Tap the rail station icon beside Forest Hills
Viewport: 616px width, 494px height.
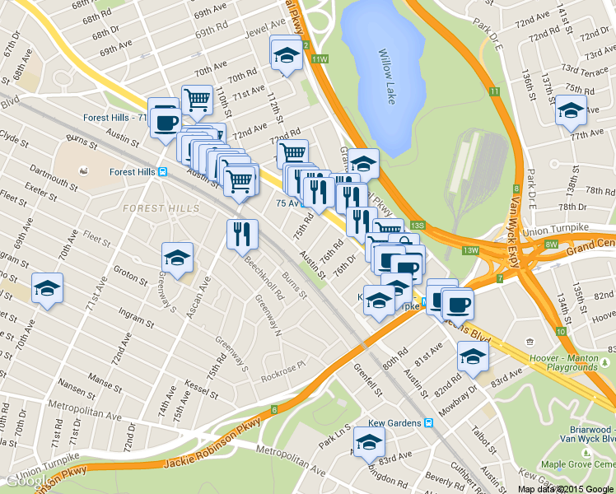163,172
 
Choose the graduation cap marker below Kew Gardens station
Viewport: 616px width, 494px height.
369,444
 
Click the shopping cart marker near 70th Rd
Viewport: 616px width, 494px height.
197,100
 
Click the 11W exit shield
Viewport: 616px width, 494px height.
320,59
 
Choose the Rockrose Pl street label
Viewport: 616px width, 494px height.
283,367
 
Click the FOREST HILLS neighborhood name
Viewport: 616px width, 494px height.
161,208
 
